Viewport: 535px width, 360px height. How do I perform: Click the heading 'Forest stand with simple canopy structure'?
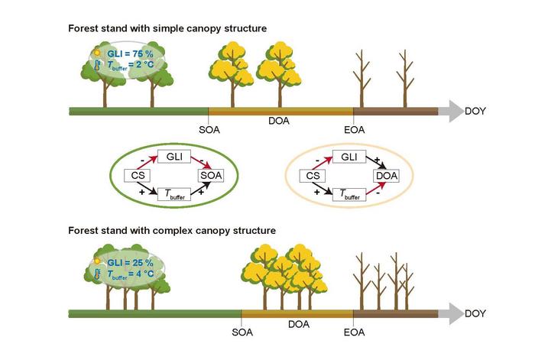coord(167,28)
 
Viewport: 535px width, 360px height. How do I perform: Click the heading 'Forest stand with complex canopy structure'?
coord(171,229)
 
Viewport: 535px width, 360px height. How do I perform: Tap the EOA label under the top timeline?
coord(354,129)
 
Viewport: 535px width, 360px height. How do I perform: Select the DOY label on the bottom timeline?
coord(475,313)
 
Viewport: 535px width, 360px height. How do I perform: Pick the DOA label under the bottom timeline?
coord(298,324)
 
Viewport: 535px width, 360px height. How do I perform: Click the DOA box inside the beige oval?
coord(386,176)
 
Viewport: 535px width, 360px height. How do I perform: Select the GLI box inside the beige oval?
coord(348,157)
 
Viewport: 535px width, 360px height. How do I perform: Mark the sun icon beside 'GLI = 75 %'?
coord(97,54)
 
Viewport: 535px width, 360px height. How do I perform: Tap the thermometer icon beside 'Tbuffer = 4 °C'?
coord(97,274)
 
